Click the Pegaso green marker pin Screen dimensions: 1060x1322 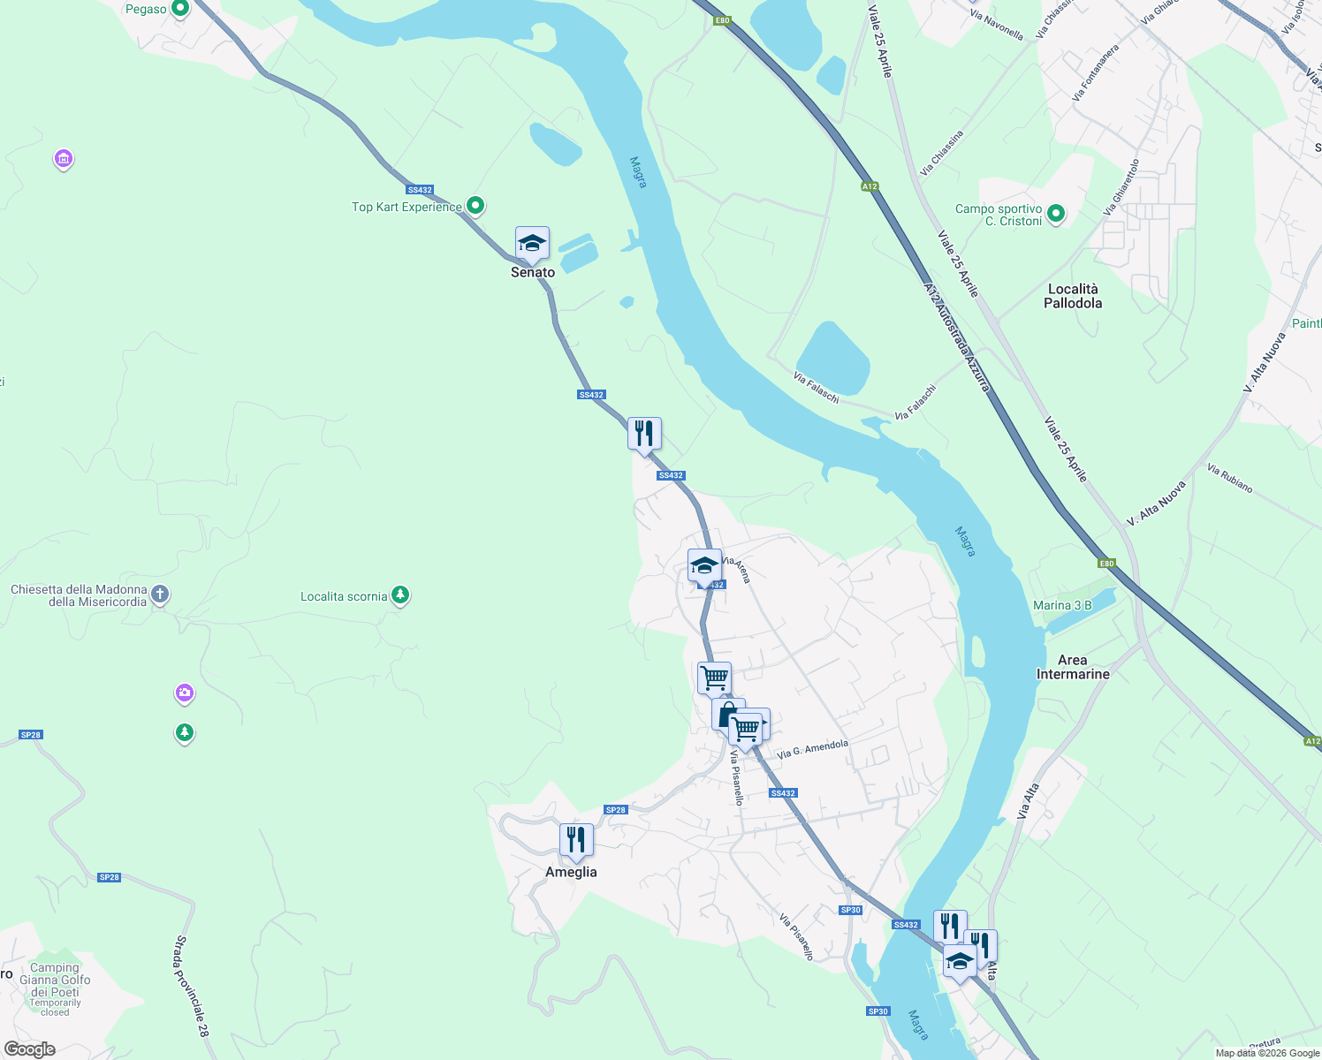pos(180,9)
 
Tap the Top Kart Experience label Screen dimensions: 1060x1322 pos(406,207)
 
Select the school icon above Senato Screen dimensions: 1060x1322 pos(532,243)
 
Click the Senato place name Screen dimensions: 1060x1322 pos(533,272)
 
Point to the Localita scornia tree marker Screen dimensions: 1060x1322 pos(400,595)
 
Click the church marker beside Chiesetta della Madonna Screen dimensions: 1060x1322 pos(160,594)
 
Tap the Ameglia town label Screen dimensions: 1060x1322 pos(571,872)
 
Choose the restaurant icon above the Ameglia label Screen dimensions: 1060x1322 pos(576,840)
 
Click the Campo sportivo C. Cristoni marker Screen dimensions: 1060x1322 pos(1055,213)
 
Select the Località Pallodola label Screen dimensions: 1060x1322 pos(1073,296)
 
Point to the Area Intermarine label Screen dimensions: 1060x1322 pos(1072,667)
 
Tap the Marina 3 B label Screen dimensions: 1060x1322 pos(1062,605)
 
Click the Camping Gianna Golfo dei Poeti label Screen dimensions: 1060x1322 pos(55,980)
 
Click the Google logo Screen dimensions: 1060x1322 pos(30,1049)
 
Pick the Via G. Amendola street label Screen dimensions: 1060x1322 pos(813,749)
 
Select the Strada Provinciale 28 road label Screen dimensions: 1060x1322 pos(192,986)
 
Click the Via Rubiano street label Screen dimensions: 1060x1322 pos(1230,479)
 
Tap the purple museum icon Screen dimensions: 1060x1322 pos(63,160)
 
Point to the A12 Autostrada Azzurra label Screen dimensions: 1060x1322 pos(957,337)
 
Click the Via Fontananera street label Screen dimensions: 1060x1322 pos(1096,72)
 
